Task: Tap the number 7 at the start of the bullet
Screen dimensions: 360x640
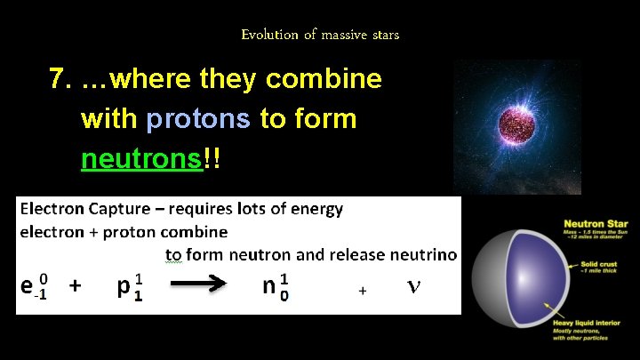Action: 60,80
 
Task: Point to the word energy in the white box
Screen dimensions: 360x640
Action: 314,209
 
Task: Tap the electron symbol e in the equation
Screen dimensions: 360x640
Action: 28,285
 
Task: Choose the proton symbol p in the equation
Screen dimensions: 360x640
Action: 124,287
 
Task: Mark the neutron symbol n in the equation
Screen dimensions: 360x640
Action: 270,286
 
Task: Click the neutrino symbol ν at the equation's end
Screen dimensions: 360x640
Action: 412,286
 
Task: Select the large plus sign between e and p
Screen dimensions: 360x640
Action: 76,286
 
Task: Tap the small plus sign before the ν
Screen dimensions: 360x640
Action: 362,291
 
